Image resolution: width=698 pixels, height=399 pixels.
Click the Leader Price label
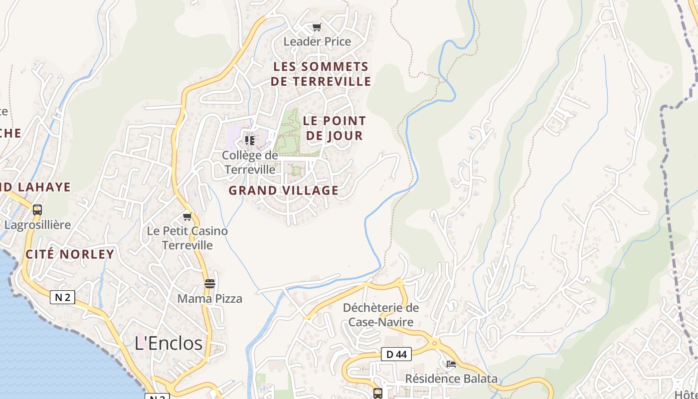click(x=317, y=41)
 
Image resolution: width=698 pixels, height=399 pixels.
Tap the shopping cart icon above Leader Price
click(x=317, y=27)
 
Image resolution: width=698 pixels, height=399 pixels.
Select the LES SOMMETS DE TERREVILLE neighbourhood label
click(x=321, y=74)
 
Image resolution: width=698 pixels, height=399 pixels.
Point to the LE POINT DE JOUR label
click(x=334, y=128)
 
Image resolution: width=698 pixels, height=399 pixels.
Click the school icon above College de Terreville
click(x=250, y=140)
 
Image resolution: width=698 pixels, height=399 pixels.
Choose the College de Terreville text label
click(x=250, y=163)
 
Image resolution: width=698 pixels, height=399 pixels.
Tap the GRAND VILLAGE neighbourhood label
click(x=283, y=190)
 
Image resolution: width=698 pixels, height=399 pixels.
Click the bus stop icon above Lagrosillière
click(x=37, y=210)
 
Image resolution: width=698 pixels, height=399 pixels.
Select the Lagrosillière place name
click(x=37, y=225)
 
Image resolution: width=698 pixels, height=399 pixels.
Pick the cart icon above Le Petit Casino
click(x=187, y=216)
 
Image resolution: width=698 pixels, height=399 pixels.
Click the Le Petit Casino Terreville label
click(x=187, y=238)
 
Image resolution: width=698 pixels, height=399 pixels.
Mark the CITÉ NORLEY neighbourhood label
click(x=70, y=254)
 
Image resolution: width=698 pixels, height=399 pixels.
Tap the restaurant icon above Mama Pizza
click(x=210, y=284)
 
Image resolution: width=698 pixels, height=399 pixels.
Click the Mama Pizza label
click(x=210, y=299)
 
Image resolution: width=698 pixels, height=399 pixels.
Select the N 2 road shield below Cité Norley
click(x=62, y=298)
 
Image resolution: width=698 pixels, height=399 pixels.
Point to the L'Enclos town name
click(x=169, y=343)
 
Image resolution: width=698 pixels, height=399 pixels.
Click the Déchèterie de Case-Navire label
click(x=381, y=315)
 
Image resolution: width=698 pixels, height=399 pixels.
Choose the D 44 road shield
click(x=396, y=354)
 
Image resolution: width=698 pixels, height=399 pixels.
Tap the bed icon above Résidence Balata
click(x=451, y=364)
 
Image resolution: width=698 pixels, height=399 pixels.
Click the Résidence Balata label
click(x=451, y=379)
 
